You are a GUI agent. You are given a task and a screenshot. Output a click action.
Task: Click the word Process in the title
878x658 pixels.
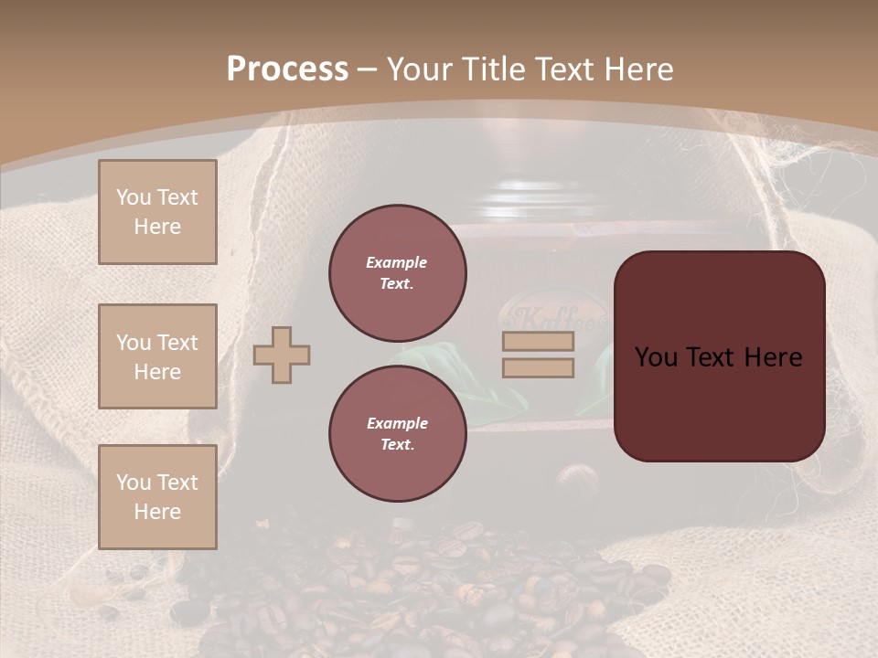pos(287,69)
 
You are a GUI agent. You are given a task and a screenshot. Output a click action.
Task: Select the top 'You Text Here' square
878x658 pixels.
pos(157,212)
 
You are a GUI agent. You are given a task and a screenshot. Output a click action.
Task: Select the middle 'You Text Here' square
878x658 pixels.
pos(157,356)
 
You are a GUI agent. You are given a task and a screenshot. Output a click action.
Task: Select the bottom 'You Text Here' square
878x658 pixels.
pos(157,497)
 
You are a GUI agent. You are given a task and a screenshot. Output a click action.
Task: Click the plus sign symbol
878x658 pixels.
pos(282,355)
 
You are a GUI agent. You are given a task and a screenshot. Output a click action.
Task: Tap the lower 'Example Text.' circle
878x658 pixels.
pos(398,434)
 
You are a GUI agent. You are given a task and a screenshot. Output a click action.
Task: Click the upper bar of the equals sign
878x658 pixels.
pos(538,342)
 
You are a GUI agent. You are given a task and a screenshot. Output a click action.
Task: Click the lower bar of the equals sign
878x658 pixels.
pos(538,367)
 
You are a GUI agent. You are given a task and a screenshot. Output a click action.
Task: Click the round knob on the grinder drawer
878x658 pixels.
pos(573,478)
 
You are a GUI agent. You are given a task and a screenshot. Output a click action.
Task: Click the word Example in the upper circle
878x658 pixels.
pos(397,263)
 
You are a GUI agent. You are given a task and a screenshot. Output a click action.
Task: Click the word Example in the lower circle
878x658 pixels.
pos(397,424)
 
